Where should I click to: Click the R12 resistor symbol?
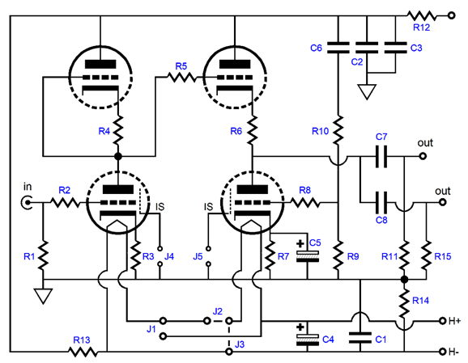click(422, 15)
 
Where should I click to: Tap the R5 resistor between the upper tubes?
click(181, 77)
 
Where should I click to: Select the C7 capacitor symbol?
click(381, 156)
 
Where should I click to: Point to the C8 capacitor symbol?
click(381, 203)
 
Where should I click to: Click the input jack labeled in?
click(27, 203)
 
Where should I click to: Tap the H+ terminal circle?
click(442, 321)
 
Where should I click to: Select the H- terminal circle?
click(442, 352)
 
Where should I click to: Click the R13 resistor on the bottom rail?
click(83, 352)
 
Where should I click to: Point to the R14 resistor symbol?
click(404, 302)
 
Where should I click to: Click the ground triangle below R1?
click(43, 296)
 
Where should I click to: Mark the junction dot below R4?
click(118, 156)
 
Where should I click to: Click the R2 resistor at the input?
click(65, 203)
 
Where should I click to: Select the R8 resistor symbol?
click(304, 203)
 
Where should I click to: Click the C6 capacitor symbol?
click(338, 48)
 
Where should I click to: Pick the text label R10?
click(320, 131)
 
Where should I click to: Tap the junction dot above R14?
click(404, 280)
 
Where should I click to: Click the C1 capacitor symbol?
click(360, 338)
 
